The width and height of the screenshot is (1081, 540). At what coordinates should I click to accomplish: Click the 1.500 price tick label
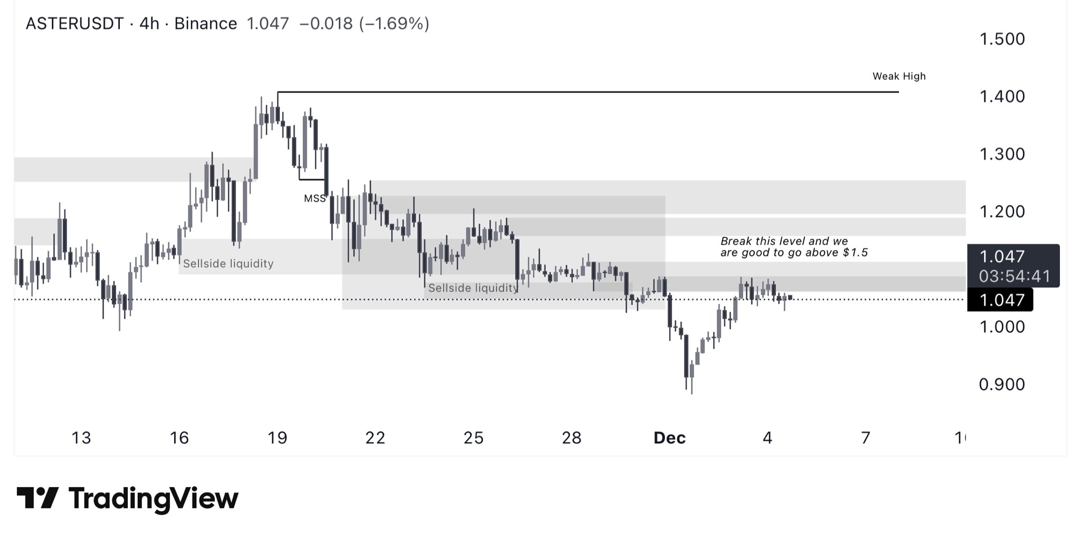1002,39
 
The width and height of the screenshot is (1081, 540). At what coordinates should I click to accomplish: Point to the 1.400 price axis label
1002,97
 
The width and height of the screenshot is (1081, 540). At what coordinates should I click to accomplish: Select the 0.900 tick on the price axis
1002,385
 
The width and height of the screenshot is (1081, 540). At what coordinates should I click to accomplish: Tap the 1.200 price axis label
1002,212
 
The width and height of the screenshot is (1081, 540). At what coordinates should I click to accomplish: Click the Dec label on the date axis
669,438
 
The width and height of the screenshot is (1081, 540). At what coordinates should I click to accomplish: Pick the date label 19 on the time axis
277,438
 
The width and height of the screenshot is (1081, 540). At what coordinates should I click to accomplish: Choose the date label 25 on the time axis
473,438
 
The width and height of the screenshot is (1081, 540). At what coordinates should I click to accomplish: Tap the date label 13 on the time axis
81,438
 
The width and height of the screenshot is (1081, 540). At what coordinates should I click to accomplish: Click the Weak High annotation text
899,77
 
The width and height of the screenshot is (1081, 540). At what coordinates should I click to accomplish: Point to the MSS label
315,199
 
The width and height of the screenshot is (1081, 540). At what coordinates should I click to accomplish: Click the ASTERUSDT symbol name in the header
74,24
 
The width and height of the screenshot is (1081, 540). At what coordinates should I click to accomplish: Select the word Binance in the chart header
205,24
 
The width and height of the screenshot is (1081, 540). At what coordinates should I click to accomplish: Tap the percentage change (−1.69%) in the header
394,24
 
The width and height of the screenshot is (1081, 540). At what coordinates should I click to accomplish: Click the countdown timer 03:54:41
1014,276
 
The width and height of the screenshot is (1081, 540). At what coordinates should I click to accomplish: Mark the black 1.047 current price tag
1001,300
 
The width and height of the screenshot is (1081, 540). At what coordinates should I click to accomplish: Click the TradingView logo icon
37,498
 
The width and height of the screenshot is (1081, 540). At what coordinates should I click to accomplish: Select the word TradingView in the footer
154,499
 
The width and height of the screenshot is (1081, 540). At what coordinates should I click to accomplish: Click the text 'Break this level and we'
784,241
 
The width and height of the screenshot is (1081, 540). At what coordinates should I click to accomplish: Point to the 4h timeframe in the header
149,24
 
